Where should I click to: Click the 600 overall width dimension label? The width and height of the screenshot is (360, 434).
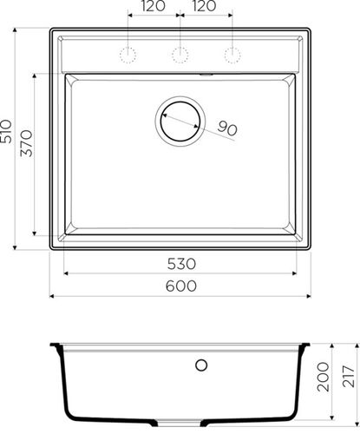tap(180, 286)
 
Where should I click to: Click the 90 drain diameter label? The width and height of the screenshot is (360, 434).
tap(227, 128)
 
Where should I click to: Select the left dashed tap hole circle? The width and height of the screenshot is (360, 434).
tap(128, 55)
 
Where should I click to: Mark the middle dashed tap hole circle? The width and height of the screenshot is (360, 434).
tap(180, 55)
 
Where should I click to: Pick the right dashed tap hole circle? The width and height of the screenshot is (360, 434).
tap(232, 55)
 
